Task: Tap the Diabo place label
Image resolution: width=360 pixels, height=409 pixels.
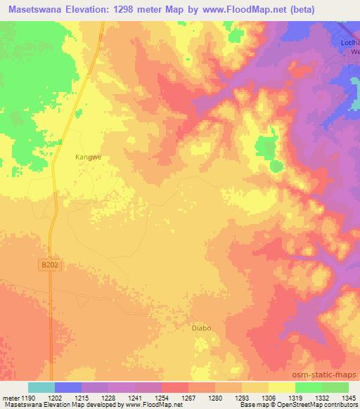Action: pos(201,327)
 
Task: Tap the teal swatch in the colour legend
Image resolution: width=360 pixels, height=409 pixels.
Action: pos(41,387)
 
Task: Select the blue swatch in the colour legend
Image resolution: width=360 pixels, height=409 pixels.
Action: pos(68,387)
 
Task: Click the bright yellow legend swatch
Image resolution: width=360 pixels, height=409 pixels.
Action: pos(281,387)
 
